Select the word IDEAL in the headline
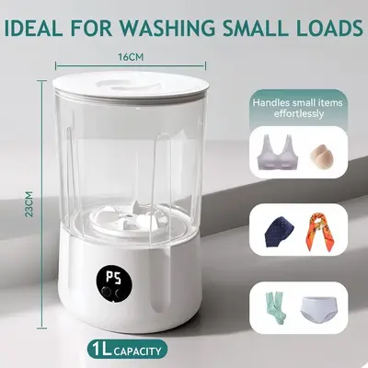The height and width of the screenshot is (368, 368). pos(34,28)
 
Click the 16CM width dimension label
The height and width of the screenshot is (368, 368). pos(131,57)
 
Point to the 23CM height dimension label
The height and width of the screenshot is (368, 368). pos(29,204)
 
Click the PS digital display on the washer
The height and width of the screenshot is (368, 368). pos(113,278)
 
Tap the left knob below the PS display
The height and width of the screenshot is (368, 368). pos(107,291)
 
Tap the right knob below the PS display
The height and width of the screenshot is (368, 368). pos(119,291)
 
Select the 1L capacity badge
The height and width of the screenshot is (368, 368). pos(127,351)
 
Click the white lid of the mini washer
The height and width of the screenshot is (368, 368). pos(131,86)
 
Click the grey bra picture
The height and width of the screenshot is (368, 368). pos(279,153)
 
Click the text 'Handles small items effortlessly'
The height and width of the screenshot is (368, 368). pos(297,108)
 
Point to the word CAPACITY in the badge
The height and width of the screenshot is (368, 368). pos(138,351)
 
